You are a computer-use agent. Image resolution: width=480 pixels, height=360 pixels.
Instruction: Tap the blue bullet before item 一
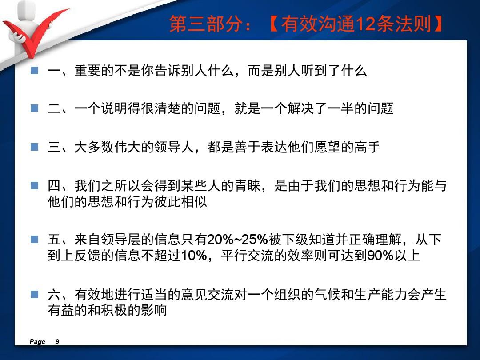35,71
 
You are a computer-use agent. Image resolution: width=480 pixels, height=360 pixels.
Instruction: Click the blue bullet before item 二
35,108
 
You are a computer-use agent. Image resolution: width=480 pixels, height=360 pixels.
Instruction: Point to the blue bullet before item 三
35,147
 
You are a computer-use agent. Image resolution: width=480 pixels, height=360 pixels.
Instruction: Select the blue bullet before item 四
35,185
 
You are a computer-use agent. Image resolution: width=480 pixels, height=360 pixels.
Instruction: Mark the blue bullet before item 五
35,239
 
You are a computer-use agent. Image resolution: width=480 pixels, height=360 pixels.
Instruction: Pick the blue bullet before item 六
35,295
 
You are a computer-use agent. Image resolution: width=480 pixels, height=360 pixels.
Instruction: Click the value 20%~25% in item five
237,240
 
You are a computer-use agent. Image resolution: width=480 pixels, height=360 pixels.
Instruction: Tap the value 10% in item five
194,256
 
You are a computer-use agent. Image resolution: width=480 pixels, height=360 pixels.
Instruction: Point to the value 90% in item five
380,256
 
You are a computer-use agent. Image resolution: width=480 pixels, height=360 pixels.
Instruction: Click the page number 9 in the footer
57,342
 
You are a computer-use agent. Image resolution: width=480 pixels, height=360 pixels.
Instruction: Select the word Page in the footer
37,342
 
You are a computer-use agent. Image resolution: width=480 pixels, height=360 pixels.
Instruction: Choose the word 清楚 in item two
168,108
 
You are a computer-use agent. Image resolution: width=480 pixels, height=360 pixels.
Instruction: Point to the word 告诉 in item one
168,71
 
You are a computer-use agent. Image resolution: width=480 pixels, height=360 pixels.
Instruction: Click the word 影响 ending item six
154,310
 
